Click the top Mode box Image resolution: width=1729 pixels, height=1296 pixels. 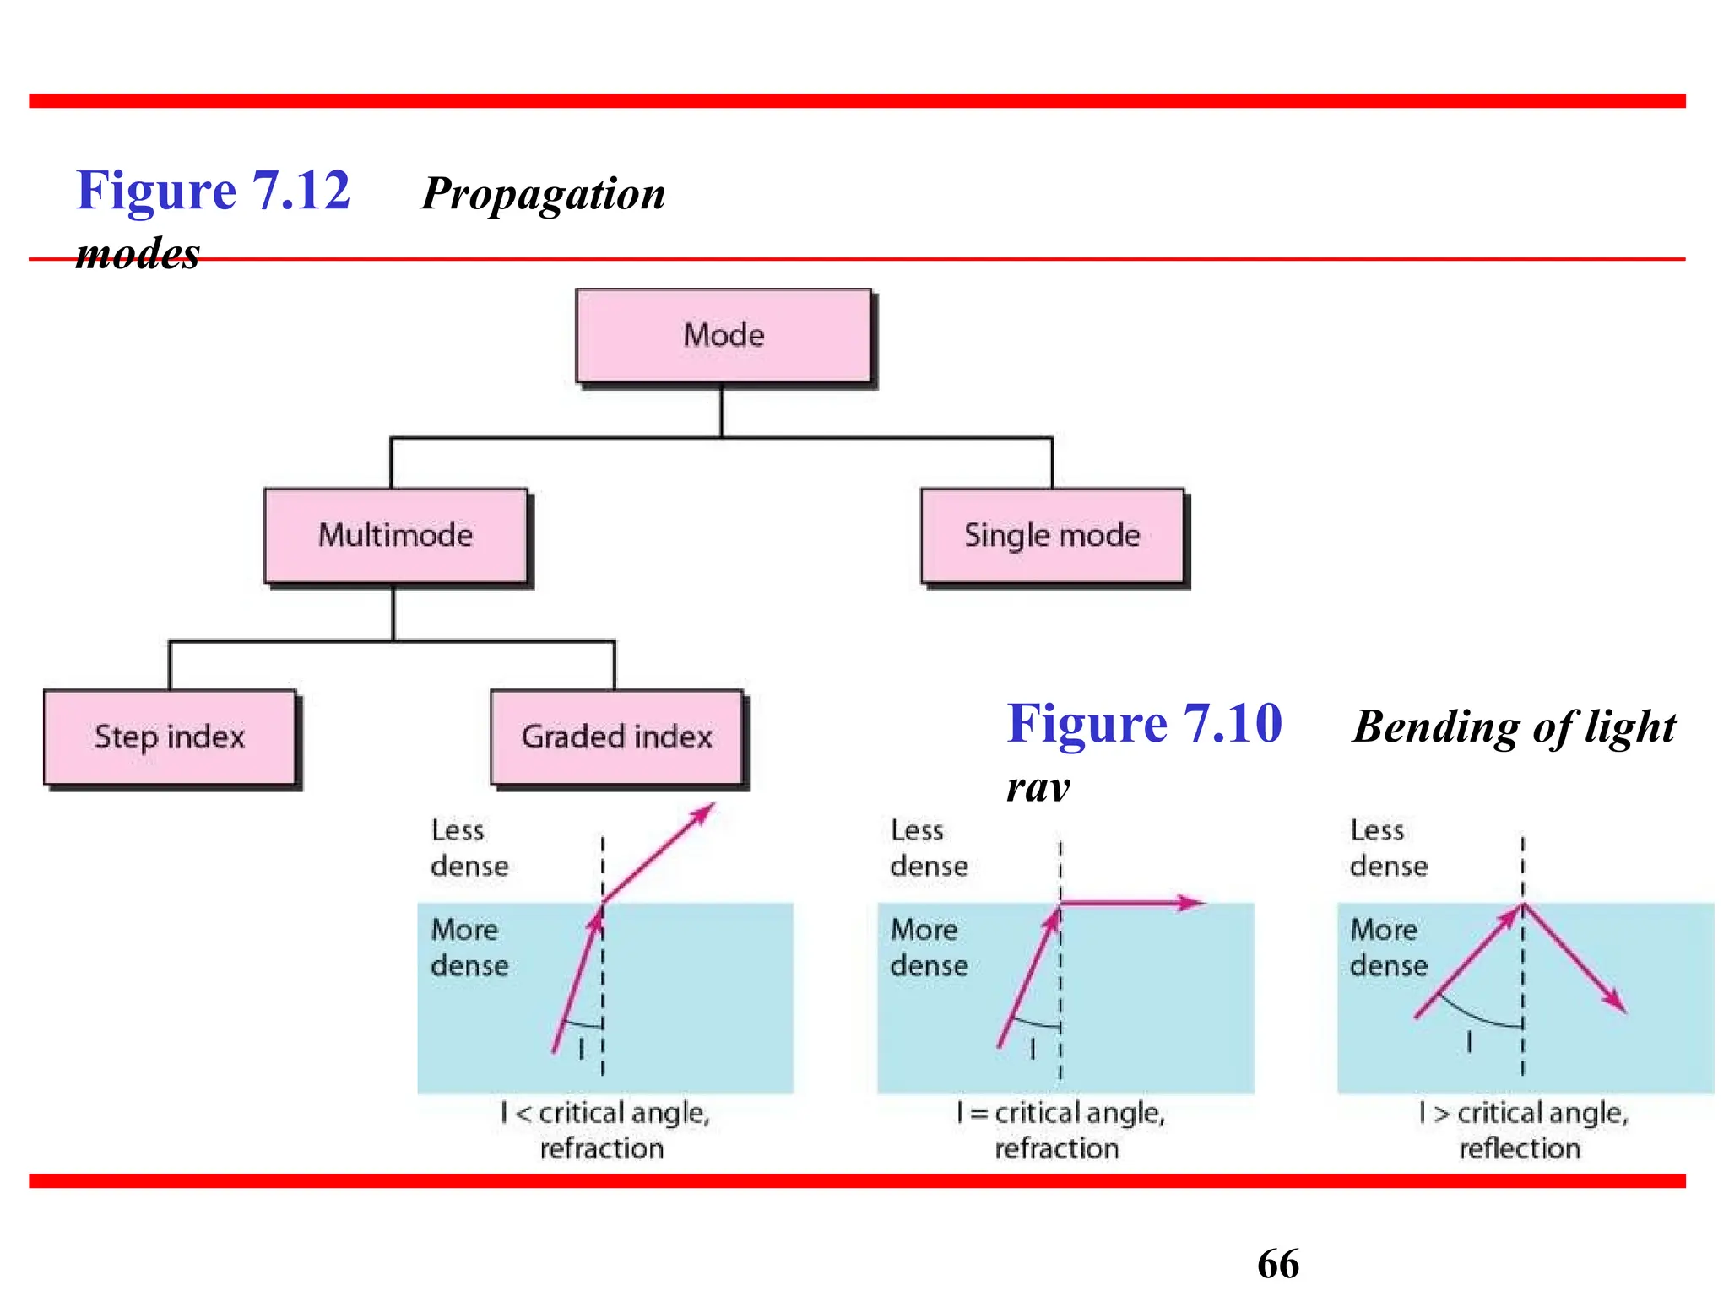click(x=724, y=336)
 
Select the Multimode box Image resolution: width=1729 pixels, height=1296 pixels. click(x=395, y=536)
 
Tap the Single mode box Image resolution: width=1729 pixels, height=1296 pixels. click(x=1052, y=536)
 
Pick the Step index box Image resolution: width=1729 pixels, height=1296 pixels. click(x=170, y=737)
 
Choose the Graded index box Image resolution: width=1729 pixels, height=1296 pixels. click(x=616, y=737)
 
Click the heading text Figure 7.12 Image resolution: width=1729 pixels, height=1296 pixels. click(x=213, y=191)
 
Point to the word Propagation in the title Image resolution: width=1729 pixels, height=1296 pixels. click(x=543, y=194)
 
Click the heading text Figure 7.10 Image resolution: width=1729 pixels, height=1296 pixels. click(x=1144, y=724)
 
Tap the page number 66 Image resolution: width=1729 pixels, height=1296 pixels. click(x=1277, y=1264)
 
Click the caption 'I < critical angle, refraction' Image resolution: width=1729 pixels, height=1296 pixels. click(x=604, y=1131)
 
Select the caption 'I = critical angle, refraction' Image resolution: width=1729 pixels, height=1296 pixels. click(x=1060, y=1131)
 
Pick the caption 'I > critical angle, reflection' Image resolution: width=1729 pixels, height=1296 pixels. click(x=1522, y=1131)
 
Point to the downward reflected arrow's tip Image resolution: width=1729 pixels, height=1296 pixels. click(x=1623, y=1009)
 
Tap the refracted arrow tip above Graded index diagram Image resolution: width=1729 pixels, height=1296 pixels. click(x=712, y=807)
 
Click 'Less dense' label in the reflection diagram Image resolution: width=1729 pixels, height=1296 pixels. click(x=1388, y=848)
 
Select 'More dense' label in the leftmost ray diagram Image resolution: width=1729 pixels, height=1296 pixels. click(x=469, y=948)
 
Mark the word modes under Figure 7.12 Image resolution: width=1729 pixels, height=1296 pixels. click(x=138, y=254)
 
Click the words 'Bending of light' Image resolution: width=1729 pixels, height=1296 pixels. click(x=1514, y=727)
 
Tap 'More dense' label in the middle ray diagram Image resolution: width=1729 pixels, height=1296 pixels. click(x=929, y=948)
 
